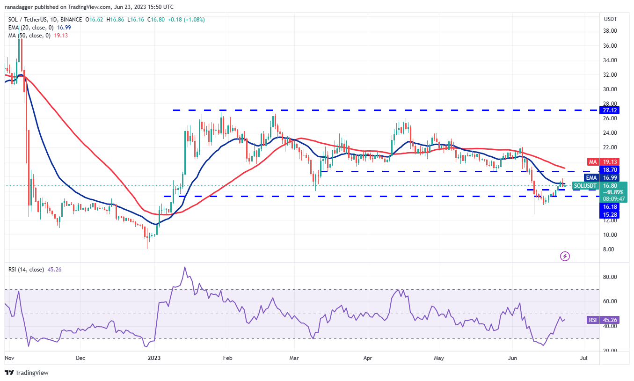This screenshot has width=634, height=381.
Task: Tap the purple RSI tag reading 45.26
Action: click(x=592, y=320)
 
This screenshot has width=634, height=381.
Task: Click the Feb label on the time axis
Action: click(x=227, y=358)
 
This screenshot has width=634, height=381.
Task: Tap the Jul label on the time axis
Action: click(x=584, y=358)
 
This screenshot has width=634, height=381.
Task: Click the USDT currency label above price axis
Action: click(x=611, y=19)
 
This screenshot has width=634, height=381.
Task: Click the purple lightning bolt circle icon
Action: click(x=565, y=256)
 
